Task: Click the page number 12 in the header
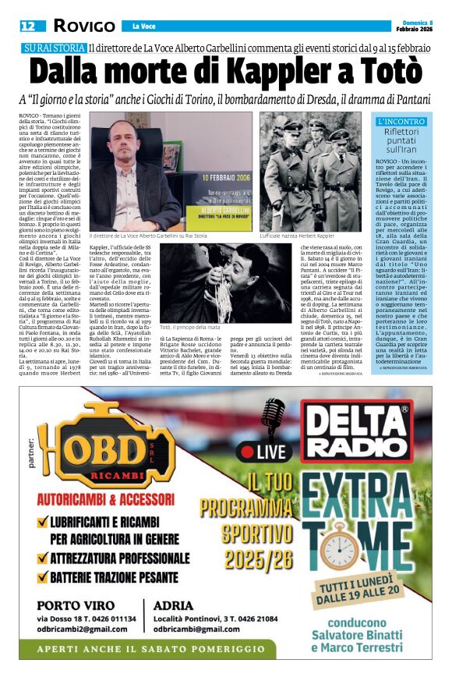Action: [28, 26]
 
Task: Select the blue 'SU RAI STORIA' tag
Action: [54, 48]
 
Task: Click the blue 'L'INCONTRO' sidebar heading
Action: [401, 122]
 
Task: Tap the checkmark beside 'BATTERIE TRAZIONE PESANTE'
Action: [41, 578]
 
